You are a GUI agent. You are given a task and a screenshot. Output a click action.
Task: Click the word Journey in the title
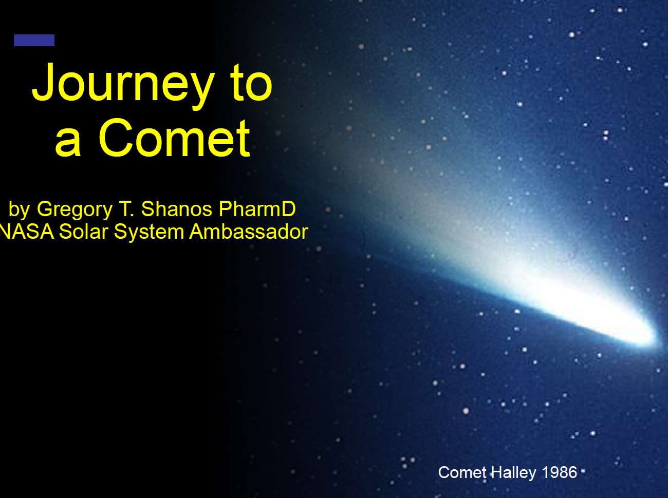(123, 85)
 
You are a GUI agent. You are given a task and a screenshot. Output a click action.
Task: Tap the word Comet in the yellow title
(174, 138)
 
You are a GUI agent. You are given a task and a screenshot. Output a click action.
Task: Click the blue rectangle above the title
(34, 40)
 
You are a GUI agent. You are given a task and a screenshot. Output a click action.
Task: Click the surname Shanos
(177, 209)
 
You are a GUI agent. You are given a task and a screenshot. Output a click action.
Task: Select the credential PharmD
(257, 209)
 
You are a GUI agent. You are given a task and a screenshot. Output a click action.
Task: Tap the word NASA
(27, 232)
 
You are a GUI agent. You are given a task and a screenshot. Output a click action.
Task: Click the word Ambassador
(249, 232)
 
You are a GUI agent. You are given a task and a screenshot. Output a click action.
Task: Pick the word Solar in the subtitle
(84, 232)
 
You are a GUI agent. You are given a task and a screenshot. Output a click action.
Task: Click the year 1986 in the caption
(560, 472)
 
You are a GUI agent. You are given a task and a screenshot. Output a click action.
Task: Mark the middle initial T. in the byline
(126, 209)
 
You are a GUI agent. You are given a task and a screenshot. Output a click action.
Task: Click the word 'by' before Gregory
(19, 210)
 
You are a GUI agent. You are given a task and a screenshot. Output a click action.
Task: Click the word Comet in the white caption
(462, 472)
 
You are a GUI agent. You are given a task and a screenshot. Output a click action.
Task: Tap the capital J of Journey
(42, 81)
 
